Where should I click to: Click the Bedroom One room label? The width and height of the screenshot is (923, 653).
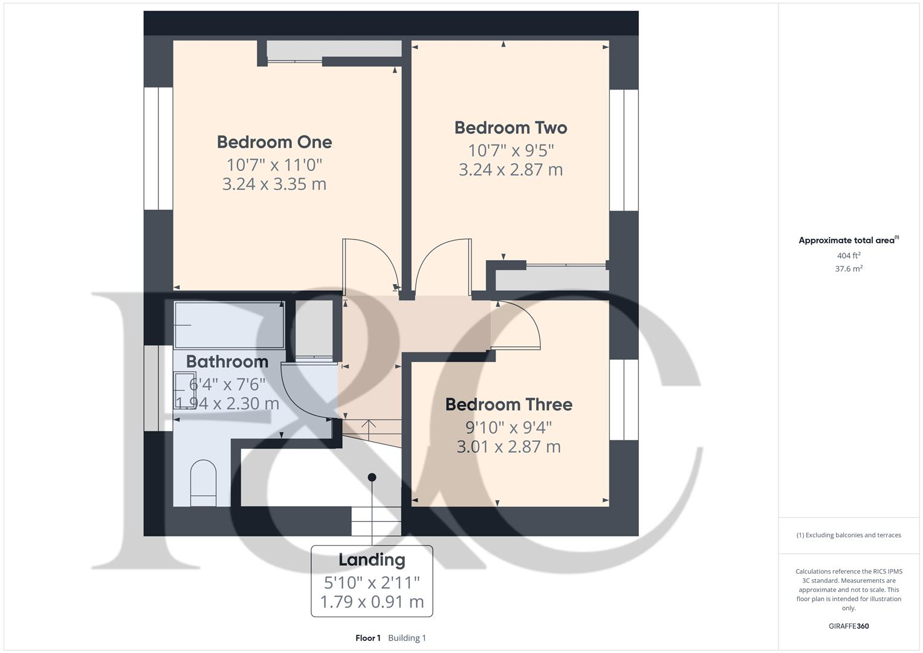274,142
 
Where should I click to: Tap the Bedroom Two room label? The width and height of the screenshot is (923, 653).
511,128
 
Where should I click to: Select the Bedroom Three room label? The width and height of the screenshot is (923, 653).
508,404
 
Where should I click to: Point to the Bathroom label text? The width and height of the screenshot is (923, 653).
227,362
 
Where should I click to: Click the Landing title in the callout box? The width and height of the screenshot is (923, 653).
372,560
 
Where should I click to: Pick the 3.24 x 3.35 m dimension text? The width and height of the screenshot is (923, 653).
274,184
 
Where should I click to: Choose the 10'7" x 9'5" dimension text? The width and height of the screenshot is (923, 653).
511,150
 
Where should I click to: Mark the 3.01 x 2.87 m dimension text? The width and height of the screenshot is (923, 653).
508,447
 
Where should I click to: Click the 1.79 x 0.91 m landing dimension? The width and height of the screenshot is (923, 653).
372,602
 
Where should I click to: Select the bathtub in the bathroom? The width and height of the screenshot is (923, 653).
229,325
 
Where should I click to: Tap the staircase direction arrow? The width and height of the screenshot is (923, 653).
368,426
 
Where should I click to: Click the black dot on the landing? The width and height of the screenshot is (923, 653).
372,477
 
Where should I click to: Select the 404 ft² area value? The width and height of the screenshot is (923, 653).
849,256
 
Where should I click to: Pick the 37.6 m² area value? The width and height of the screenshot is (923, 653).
849,269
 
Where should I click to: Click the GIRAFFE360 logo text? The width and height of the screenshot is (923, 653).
849,626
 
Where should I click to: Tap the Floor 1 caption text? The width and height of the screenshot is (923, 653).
368,638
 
